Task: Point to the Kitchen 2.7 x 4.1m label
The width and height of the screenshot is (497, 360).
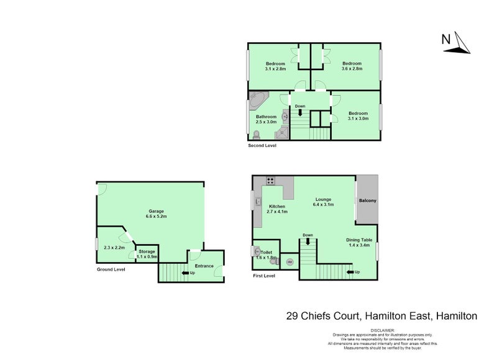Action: click(276, 209)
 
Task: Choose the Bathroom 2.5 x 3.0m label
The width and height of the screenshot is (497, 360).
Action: click(266, 119)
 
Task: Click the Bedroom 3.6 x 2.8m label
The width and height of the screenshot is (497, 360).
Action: click(352, 66)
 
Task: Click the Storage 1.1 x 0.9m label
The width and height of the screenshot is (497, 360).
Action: click(147, 254)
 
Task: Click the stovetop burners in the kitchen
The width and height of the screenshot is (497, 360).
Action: click(271, 181)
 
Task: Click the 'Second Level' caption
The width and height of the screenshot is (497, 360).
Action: click(262, 146)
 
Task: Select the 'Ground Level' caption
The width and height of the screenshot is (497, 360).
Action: click(111, 270)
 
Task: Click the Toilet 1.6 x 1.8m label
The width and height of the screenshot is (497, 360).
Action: click(267, 255)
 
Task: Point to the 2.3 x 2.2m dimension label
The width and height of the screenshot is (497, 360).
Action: click(114, 248)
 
